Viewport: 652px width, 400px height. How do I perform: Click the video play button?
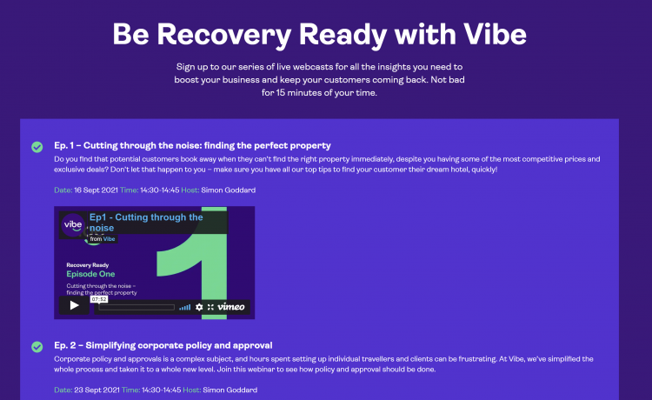tap(74, 305)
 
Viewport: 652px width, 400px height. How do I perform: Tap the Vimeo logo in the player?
tap(230, 307)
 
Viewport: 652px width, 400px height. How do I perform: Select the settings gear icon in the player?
tap(199, 307)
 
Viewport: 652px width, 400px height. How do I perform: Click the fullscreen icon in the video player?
tap(210, 307)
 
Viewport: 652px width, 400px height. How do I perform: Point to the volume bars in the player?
tap(184, 307)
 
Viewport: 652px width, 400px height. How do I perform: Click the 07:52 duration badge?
tap(99, 299)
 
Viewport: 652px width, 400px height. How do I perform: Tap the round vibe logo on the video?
tap(73, 225)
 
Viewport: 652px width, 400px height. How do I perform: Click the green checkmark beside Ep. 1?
tap(37, 147)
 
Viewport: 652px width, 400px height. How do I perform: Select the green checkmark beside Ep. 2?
tap(37, 347)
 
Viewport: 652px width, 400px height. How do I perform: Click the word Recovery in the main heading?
tap(224, 35)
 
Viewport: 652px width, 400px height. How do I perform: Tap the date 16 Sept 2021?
tap(96, 190)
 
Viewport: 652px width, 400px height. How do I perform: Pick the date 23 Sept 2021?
tap(96, 390)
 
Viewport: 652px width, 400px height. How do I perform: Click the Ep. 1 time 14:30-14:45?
tap(160, 190)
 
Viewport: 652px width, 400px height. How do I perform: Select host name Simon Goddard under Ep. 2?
tap(230, 390)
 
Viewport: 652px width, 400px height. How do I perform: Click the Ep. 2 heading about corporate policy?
tap(163, 345)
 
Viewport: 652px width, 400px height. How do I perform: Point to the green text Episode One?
tap(90, 274)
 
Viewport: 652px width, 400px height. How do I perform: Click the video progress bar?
tap(136, 307)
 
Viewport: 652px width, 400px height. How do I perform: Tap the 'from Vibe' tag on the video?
tap(103, 239)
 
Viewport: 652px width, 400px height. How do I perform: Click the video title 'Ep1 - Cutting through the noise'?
tap(146, 223)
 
